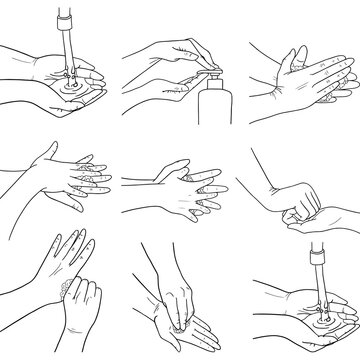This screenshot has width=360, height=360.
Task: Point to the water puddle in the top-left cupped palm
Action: (x=71, y=83)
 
